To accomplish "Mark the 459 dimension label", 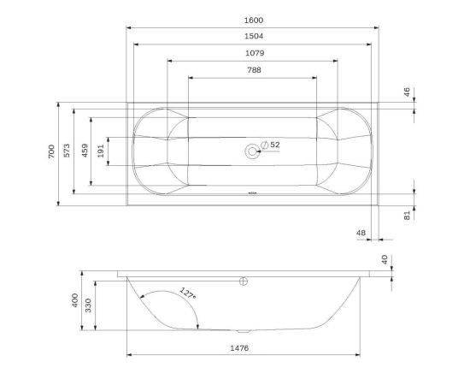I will [x=85, y=151].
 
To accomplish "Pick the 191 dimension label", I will [x=102, y=150].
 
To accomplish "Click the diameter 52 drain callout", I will [x=270, y=145].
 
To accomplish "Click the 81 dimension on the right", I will [x=408, y=216].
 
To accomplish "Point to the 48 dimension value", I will [x=361, y=233].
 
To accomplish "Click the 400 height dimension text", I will [x=75, y=301].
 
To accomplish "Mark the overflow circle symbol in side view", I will [x=244, y=281].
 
